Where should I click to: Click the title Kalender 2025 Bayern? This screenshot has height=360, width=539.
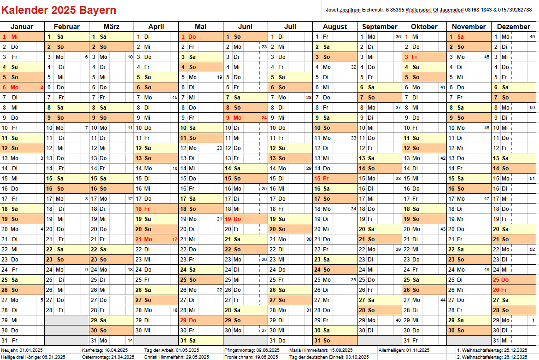pyautogui.click(x=59, y=10)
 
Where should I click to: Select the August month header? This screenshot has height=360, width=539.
pyautogui.click(x=335, y=26)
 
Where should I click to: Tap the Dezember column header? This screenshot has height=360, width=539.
pyautogui.click(x=514, y=26)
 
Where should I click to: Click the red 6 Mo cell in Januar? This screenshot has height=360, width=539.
pyautogui.click(x=23, y=87)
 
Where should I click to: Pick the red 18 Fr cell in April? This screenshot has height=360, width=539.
pyautogui.click(x=157, y=209)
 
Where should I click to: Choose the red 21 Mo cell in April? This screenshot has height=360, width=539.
pyautogui.click(x=157, y=239)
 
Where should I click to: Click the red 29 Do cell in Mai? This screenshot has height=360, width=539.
pyautogui.click(x=201, y=320)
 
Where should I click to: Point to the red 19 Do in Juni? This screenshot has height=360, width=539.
pyautogui.click(x=246, y=219)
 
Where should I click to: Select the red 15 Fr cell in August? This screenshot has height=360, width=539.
pyautogui.click(x=335, y=178)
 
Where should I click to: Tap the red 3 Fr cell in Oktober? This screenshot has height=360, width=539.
pyautogui.click(x=425, y=57)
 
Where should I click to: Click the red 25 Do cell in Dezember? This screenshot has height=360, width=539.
pyautogui.click(x=514, y=279)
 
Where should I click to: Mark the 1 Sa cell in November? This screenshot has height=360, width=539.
pyautogui.click(x=469, y=37)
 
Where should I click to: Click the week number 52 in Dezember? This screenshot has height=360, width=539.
pyautogui.click(x=532, y=250)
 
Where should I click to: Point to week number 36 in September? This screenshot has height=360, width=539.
pyautogui.click(x=398, y=37)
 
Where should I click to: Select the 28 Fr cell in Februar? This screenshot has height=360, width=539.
pyautogui.click(x=67, y=310)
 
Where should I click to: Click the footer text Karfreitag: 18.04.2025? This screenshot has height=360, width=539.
pyautogui.click(x=105, y=350)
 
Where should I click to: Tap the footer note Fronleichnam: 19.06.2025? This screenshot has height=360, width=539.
pyautogui.click(x=251, y=357)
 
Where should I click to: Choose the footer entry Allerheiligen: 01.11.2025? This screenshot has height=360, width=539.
pyautogui.click(x=404, y=350)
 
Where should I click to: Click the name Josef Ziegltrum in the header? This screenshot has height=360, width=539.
pyautogui.click(x=343, y=10)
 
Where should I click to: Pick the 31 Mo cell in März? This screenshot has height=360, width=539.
pyautogui.click(x=112, y=340)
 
